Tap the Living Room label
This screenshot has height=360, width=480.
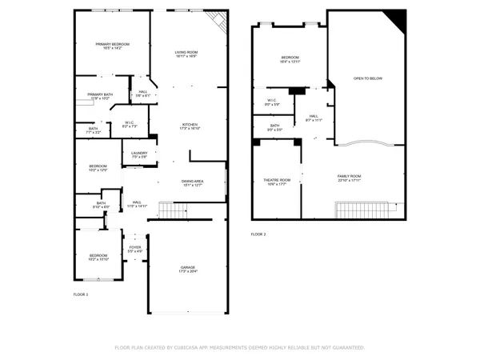click(x=186, y=53)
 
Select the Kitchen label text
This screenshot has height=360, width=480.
click(x=190, y=125)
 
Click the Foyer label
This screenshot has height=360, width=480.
click(x=135, y=248)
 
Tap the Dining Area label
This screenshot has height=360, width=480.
click(x=192, y=182)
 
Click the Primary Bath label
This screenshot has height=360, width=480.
click(x=100, y=94)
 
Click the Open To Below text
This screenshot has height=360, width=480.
click(x=368, y=78)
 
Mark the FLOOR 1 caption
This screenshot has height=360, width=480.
click(x=81, y=295)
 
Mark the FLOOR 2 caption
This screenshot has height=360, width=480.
click(x=258, y=234)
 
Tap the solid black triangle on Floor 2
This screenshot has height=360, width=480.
click(x=396, y=20)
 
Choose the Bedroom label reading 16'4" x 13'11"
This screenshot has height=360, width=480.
click(x=290, y=58)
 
